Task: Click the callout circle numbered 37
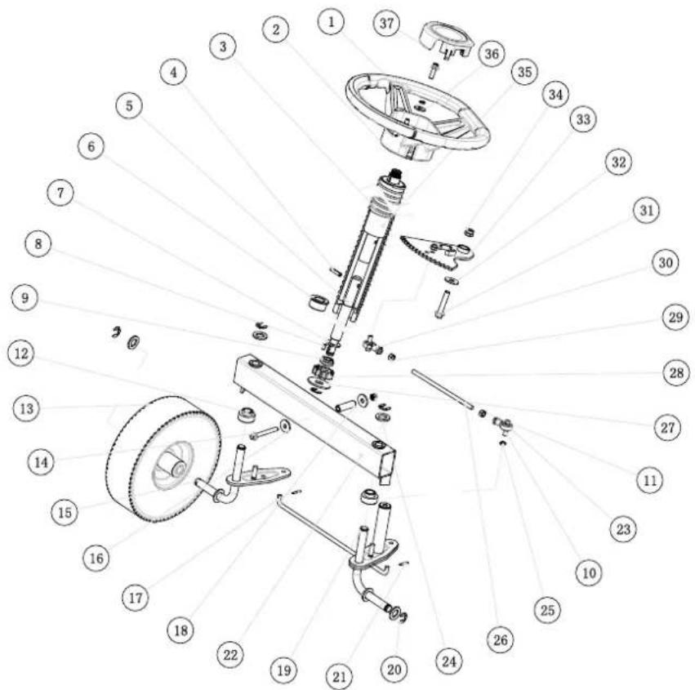pyautogui.click(x=386, y=23)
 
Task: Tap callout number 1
pyautogui.click(x=331, y=22)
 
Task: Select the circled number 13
pyautogui.click(x=27, y=408)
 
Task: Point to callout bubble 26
pyautogui.click(x=501, y=639)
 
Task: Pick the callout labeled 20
pyautogui.click(x=394, y=669)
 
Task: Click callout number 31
pyautogui.click(x=646, y=210)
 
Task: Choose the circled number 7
pyautogui.click(x=60, y=193)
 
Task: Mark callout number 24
pyautogui.click(x=448, y=661)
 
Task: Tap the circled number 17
pyautogui.click(x=136, y=598)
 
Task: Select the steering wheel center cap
pyautogui.click(x=447, y=43)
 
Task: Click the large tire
pyautogui.click(x=163, y=459)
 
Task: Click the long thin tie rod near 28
pyautogui.click(x=442, y=387)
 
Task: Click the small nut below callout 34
pyautogui.click(x=470, y=231)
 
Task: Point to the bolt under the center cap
pyautogui.click(x=433, y=70)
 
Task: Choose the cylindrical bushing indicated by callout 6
pyautogui.click(x=318, y=302)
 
